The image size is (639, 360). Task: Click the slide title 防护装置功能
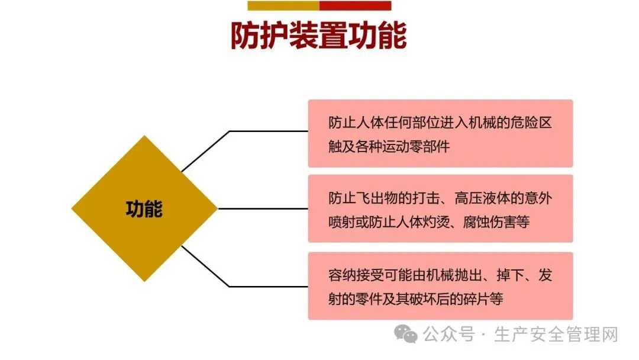pos(319,36)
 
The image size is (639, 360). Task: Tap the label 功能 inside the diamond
pos(144,209)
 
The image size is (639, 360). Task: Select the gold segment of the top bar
pos(283,6)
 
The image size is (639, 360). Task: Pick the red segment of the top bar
pos(355,6)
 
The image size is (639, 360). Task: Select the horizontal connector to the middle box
pos(263,208)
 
